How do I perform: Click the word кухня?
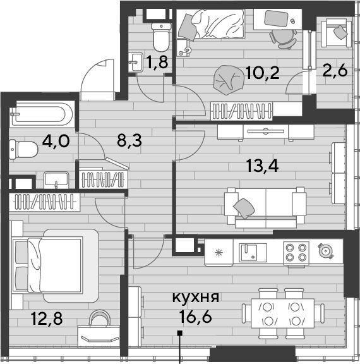(196, 298)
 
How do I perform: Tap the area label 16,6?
(196, 317)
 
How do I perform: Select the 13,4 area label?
(262, 166)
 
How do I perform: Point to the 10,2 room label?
(262, 73)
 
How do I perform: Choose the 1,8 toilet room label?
(157, 62)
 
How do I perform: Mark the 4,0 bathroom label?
(56, 141)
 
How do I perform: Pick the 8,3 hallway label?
(129, 140)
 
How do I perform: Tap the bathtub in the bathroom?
(42, 114)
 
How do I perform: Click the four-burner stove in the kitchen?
(296, 253)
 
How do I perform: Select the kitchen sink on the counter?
(253, 252)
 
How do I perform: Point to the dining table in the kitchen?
(283, 313)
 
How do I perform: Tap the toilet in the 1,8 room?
(161, 37)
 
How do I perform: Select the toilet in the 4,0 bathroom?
(23, 149)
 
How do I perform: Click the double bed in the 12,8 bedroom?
(55, 265)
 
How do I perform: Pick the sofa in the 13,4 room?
(265, 207)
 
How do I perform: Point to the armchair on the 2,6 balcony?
(335, 33)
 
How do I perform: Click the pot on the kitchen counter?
(325, 250)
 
